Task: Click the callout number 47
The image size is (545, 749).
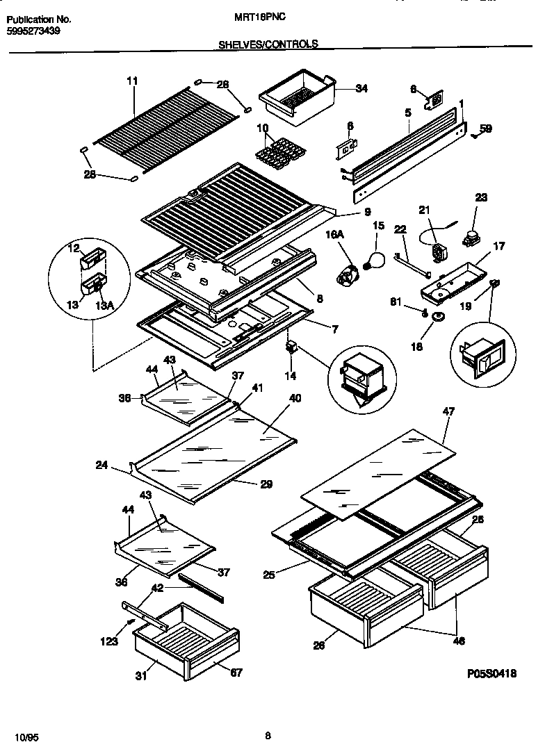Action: coord(448,412)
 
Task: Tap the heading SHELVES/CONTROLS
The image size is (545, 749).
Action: coord(268,44)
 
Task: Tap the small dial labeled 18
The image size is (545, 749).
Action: coord(439,318)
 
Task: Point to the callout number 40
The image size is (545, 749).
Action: coord(295,398)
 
